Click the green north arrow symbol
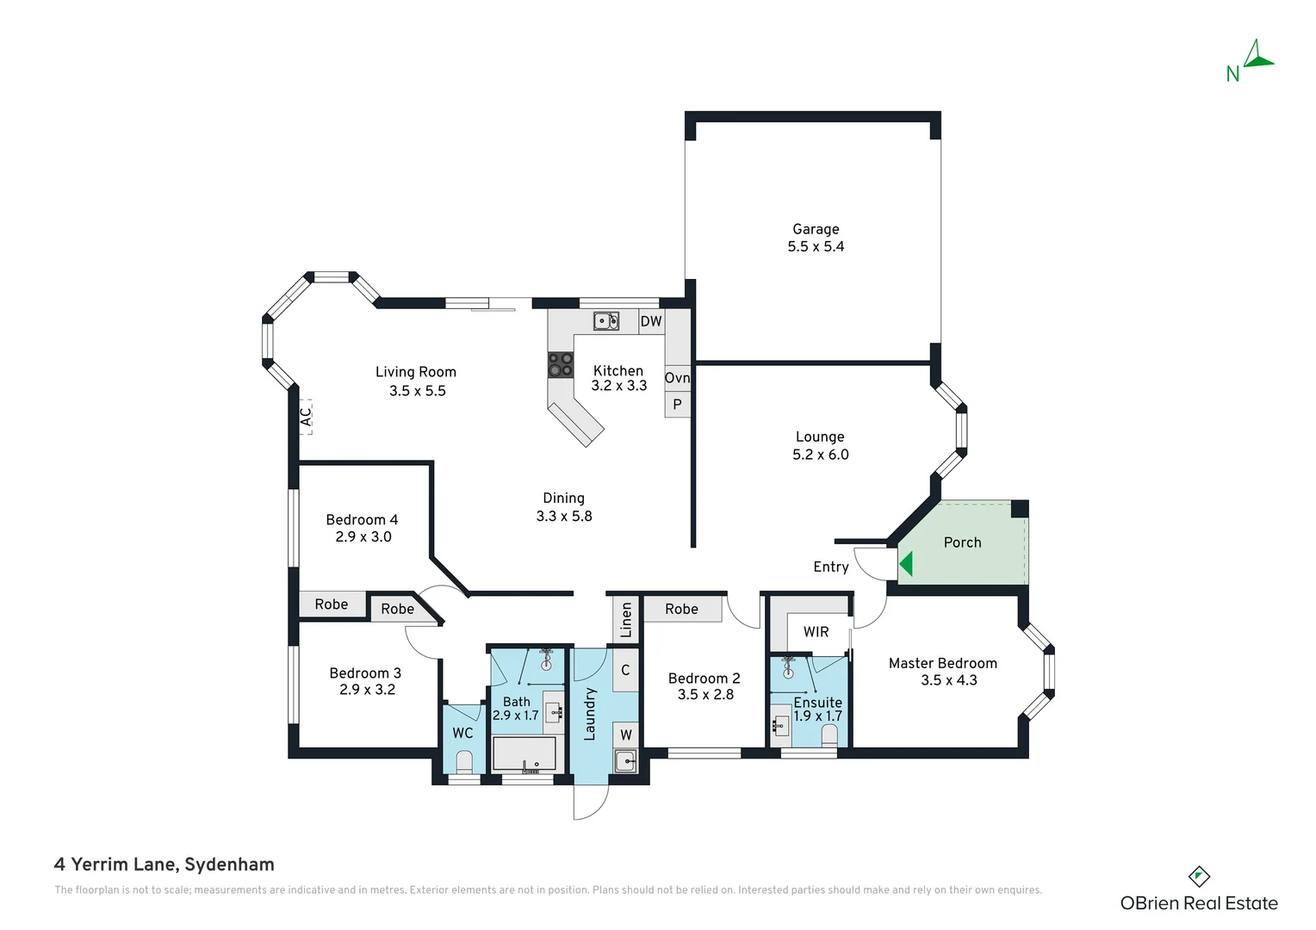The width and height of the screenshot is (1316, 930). (1257, 56)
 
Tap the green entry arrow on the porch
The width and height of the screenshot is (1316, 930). (906, 564)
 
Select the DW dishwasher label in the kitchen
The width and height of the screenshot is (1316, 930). (651, 321)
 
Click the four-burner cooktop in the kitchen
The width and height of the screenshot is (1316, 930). (561, 364)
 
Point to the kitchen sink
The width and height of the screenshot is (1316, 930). (605, 321)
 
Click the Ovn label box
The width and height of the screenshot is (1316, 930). (678, 378)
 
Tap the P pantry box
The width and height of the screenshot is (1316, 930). (678, 404)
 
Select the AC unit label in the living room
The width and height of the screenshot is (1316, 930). (306, 417)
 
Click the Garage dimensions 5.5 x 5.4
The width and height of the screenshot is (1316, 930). (816, 246)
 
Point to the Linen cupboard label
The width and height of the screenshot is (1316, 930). (625, 619)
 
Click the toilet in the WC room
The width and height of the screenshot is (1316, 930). (464, 761)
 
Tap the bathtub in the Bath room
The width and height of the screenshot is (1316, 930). (524, 754)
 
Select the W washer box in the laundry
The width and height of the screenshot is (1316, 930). (626, 735)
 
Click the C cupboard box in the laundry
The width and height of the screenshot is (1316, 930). (625, 670)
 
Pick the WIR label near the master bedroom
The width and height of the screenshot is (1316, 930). (816, 631)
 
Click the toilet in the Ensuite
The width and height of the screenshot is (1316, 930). (829, 735)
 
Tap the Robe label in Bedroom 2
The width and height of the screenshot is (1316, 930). (681, 609)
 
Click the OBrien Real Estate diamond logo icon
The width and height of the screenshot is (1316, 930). (1199, 877)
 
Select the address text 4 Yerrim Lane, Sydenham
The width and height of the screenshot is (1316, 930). (164, 865)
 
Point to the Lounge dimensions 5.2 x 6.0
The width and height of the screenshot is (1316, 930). (820, 454)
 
